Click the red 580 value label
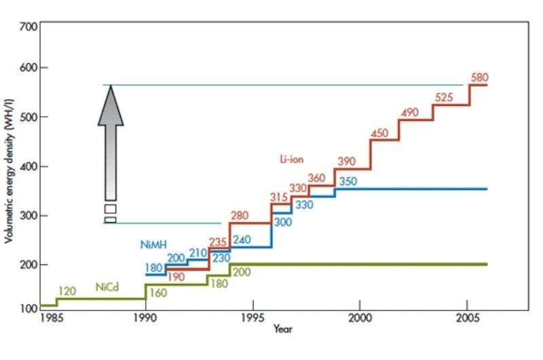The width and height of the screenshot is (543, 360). click(x=479, y=77)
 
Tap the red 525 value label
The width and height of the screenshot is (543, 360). click(x=443, y=97)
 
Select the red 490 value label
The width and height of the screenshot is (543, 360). click(x=409, y=113)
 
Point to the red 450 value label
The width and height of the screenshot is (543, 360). click(x=379, y=133)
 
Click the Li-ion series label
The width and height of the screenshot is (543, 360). click(x=291, y=160)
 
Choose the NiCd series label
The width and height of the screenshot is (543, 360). click(x=107, y=287)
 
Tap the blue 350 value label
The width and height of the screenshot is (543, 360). click(x=348, y=181)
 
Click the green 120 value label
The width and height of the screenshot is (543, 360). click(x=67, y=291)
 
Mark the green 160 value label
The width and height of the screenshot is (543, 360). click(x=157, y=293)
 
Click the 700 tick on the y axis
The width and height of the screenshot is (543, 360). click(x=28, y=26)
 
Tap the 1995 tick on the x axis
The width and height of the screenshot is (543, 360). click(x=252, y=318)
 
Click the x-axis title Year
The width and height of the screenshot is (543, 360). click(x=283, y=329)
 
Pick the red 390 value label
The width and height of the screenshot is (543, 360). click(x=346, y=162)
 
